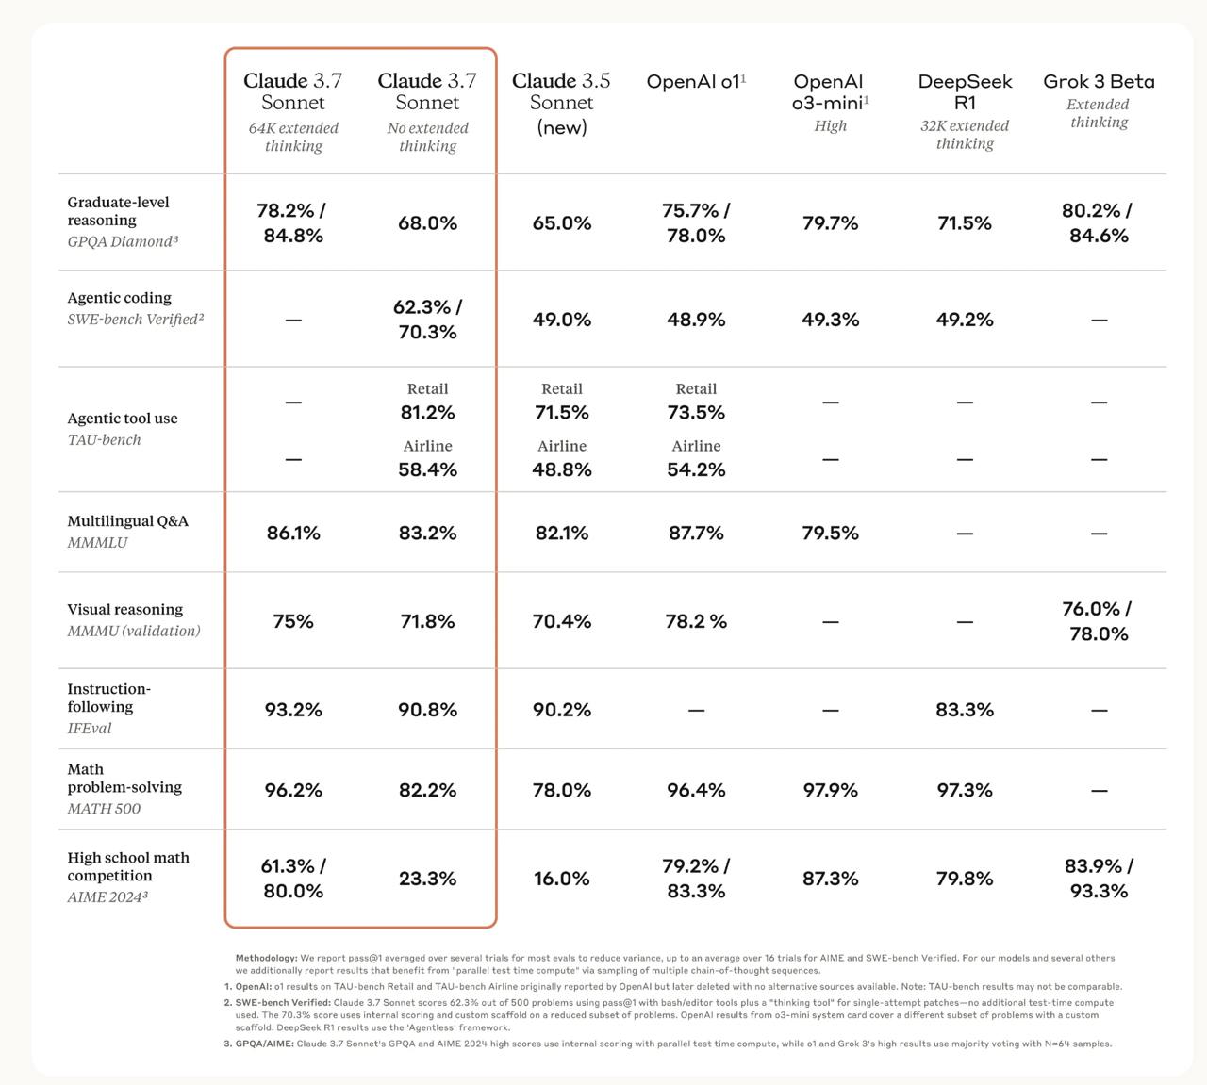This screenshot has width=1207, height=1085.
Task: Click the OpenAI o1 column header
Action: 696,81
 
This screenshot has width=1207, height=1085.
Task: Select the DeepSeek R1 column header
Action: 965,91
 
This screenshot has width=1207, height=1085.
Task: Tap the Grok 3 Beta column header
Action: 1099,81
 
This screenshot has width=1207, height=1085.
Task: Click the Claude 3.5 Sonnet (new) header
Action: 561,103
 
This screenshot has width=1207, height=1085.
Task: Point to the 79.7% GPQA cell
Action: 831,223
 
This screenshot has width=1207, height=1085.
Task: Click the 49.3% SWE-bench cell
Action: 831,320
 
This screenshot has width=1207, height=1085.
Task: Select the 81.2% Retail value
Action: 428,412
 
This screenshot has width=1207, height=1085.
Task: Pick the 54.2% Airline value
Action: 696,469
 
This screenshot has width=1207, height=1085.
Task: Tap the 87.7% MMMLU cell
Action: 696,533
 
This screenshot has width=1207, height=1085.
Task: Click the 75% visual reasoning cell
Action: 293,621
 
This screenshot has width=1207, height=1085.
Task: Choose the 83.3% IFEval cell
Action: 965,710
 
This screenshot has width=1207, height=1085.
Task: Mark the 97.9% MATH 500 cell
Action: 831,790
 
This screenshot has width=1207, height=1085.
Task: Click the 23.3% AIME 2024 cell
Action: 428,879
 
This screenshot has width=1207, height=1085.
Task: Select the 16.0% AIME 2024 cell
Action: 561,879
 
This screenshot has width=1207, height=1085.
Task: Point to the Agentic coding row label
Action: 119,298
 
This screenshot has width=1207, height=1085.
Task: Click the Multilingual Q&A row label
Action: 127,521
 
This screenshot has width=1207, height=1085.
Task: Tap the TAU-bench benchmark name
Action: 104,440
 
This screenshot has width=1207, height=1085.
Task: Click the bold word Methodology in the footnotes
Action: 267,958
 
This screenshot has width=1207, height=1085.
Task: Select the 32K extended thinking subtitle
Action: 965,135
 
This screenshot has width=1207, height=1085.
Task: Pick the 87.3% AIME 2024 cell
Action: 831,879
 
